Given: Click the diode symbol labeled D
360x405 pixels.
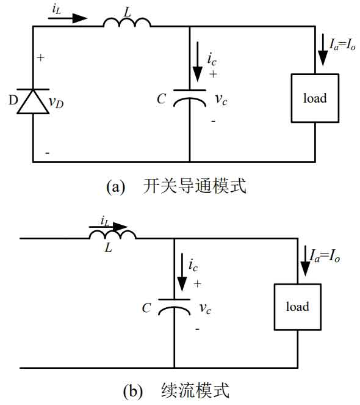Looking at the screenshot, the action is pyautogui.click(x=33, y=101).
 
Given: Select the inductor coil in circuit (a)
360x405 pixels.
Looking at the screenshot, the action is pyautogui.click(x=127, y=23).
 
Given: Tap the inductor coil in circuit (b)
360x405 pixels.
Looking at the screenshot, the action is pyautogui.click(x=112, y=235).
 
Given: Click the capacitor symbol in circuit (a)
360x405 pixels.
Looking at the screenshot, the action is pyautogui.click(x=190, y=98).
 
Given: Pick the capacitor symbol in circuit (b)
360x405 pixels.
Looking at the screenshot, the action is pyautogui.click(x=174, y=307).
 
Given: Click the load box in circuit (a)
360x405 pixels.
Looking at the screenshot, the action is pyautogui.click(x=315, y=98).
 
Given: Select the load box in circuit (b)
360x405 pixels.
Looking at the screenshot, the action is pyautogui.click(x=298, y=307).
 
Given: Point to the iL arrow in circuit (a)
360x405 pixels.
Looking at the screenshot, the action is pyautogui.click(x=68, y=18).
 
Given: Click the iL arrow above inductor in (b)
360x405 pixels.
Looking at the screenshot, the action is pyautogui.click(x=109, y=227).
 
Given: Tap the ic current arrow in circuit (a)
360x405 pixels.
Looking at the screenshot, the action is pyautogui.click(x=198, y=62).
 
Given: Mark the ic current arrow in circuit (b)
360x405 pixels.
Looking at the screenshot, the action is pyautogui.click(x=182, y=272).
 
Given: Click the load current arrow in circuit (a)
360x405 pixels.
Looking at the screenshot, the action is pyautogui.click(x=323, y=51).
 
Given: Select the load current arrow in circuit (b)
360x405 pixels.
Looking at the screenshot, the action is pyautogui.click(x=305, y=261).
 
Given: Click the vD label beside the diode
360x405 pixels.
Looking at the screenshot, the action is pyautogui.click(x=56, y=103).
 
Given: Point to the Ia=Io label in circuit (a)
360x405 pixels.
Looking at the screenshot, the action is pyautogui.click(x=342, y=45).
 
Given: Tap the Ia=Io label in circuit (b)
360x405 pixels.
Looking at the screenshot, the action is pyautogui.click(x=325, y=256).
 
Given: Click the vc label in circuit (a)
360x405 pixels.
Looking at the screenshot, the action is pyautogui.click(x=221, y=100).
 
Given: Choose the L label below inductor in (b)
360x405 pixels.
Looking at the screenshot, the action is pyautogui.click(x=109, y=248).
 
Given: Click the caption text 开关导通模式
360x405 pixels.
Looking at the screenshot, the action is pyautogui.click(x=195, y=186).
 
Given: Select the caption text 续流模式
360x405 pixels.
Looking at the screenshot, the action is pyautogui.click(x=195, y=390).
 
